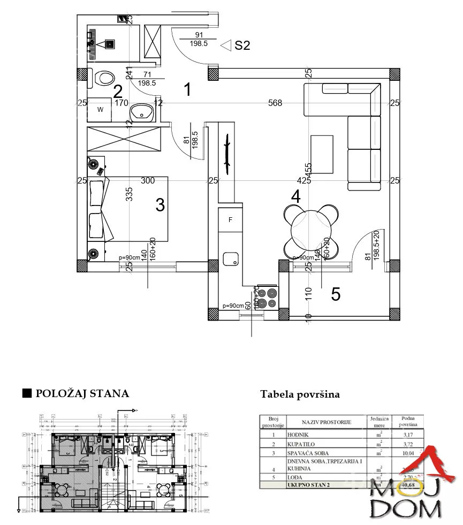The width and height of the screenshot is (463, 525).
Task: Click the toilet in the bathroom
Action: click(x=104, y=78)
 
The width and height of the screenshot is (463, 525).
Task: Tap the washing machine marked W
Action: click(x=100, y=110)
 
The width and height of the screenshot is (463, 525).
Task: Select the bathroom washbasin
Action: click(x=143, y=112)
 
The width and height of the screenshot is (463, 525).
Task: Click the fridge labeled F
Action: click(x=231, y=220)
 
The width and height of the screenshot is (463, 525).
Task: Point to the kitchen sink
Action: click(x=231, y=260)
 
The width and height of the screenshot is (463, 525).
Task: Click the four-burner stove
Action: click(x=267, y=298)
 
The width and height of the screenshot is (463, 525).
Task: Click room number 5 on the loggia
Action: click(x=336, y=294)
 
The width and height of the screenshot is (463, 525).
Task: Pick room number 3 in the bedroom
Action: click(x=160, y=204)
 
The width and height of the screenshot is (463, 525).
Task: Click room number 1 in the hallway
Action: click(x=187, y=89)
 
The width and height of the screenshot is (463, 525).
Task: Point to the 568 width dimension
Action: click(x=275, y=103)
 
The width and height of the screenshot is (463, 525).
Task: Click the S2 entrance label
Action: click(x=242, y=45)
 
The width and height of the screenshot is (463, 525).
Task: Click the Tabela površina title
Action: click(x=300, y=394)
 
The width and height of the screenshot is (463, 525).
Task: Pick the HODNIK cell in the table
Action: click(x=298, y=435)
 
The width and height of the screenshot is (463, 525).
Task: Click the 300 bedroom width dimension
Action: click(x=148, y=181)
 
